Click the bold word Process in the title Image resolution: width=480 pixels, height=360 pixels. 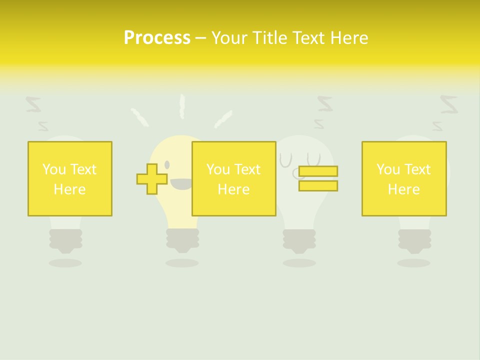[157, 38]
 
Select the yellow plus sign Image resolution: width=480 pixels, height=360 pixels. [152, 178]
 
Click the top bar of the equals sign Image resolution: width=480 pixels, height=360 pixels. [318, 171]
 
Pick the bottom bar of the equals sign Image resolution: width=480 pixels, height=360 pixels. [318, 185]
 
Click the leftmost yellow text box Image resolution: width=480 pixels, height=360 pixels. [70, 178]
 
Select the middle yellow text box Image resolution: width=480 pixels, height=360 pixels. [234, 178]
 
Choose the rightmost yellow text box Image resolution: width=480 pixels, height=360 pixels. [404, 178]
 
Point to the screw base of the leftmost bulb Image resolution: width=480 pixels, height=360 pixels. [65, 240]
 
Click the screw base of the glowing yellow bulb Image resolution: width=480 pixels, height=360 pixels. [182, 240]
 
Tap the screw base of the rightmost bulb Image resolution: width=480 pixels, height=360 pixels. [414, 240]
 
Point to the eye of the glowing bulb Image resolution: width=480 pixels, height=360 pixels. [167, 164]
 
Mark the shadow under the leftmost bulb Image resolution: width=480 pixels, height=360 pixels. [65, 262]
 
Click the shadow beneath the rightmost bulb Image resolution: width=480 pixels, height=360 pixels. [414, 262]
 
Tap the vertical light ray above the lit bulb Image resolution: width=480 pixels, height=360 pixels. [182, 106]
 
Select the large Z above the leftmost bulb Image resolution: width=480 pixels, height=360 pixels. [33, 104]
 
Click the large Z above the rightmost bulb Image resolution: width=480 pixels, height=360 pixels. [448, 104]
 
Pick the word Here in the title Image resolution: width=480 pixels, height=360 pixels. [349, 38]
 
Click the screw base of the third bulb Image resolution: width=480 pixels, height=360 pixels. [299, 240]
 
